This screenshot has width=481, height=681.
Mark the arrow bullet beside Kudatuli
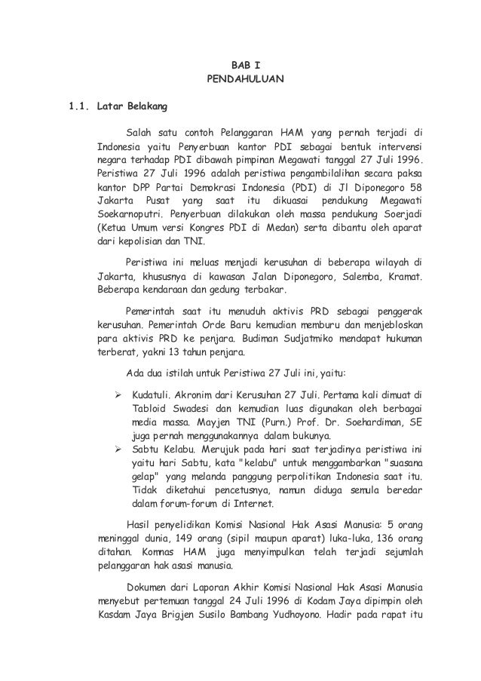click(x=118, y=394)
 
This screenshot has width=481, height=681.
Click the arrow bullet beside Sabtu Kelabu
click(x=118, y=449)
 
